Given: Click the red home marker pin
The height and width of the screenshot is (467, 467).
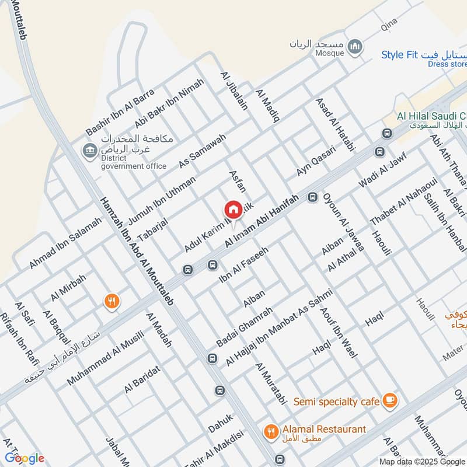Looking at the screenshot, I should tap(233, 210).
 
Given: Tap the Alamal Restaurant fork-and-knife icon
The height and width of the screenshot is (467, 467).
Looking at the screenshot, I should tap(270, 431).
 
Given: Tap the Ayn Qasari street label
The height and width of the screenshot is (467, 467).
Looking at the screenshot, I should tap(316, 161).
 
